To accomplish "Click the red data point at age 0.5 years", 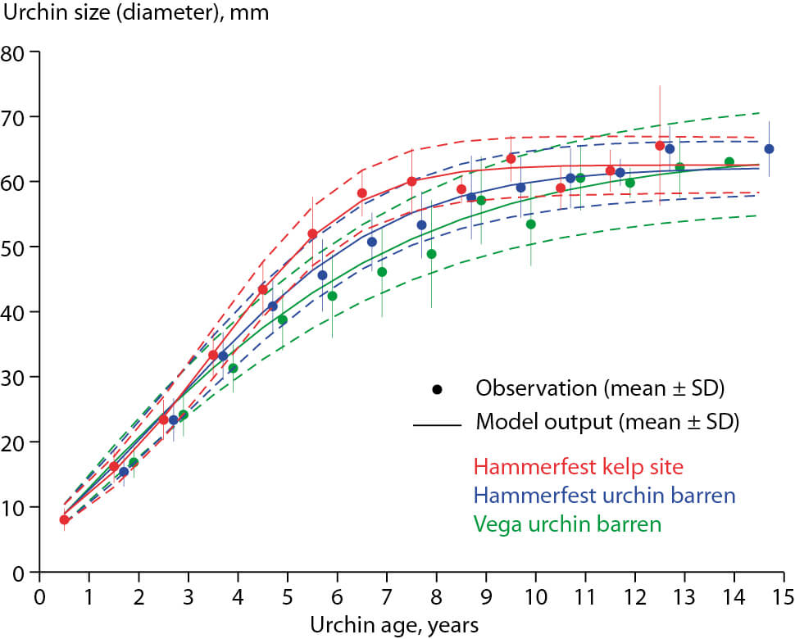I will pyautogui.click(x=64, y=519).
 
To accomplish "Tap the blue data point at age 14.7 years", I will pyautogui.click(x=769, y=149).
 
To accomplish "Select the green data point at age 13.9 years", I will pyautogui.click(x=729, y=162).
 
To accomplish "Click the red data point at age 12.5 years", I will pyautogui.click(x=660, y=146).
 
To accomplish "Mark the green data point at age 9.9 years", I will pyautogui.click(x=530, y=224).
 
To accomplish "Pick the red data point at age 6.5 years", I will pyautogui.click(x=361, y=193).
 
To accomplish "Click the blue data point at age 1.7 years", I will pyautogui.click(x=124, y=473).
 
